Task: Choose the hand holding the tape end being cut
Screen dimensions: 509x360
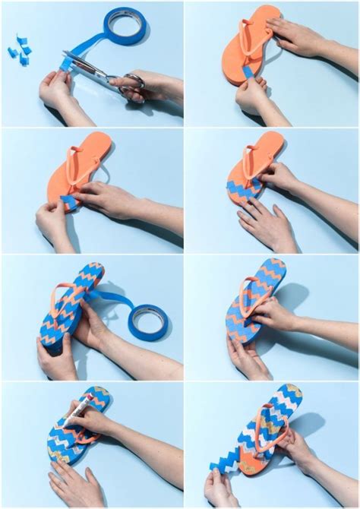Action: (55, 87)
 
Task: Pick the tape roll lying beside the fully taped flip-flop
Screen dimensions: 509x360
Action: (149, 322)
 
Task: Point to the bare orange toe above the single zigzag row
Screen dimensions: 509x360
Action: (262, 148)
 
